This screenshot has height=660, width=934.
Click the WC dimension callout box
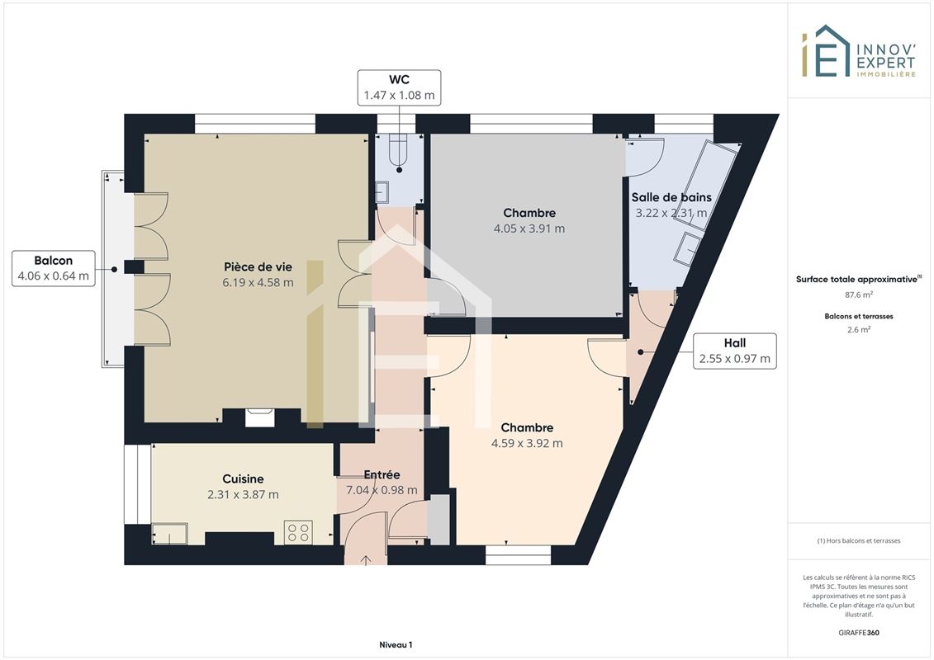[399, 87]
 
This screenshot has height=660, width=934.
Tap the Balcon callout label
[54, 268]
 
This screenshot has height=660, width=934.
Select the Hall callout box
[734, 351]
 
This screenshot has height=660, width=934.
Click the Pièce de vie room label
[258, 267]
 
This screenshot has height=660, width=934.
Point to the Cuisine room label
[243, 478]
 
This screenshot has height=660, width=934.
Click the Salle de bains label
[671, 197]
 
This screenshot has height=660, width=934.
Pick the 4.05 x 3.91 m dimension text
[529, 229]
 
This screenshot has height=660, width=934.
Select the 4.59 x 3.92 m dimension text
[527, 443]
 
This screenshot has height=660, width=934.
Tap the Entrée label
[382, 474]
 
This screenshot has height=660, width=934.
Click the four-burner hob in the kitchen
[298, 532]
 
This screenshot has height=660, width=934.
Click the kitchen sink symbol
[170, 533]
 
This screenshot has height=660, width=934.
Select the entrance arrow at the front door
[366, 560]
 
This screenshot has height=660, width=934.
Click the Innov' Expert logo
[858, 51]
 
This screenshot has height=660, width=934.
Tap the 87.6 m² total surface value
[858, 295]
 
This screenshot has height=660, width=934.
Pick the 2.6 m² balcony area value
[858, 330]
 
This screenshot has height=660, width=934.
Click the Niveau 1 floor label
[396, 644]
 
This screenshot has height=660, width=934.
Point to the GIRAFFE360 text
[858, 633]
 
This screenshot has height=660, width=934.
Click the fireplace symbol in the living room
[259, 417]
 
